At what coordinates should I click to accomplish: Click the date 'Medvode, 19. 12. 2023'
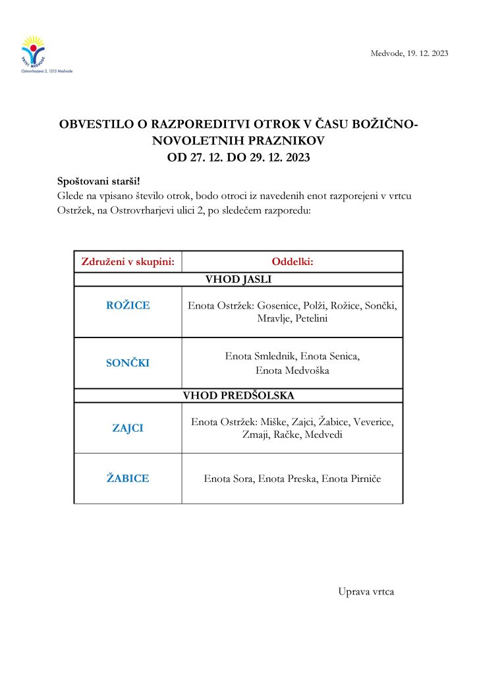pyautogui.click(x=409, y=53)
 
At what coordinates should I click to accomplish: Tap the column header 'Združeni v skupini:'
pyautogui.click(x=127, y=262)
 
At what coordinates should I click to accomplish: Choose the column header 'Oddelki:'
pyautogui.click(x=293, y=262)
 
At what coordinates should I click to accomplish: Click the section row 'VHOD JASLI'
pyautogui.click(x=238, y=279)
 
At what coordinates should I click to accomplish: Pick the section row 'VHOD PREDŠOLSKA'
pyautogui.click(x=238, y=396)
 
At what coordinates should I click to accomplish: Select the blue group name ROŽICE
pyautogui.click(x=128, y=305)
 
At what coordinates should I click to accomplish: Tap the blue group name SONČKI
pyautogui.click(x=128, y=363)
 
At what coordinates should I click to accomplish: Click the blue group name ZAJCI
pyautogui.click(x=128, y=428)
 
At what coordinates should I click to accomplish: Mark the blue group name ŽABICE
pyautogui.click(x=128, y=479)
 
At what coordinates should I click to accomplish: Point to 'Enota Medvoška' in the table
pyautogui.click(x=293, y=370)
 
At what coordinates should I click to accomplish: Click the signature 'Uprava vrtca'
pyautogui.click(x=366, y=592)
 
